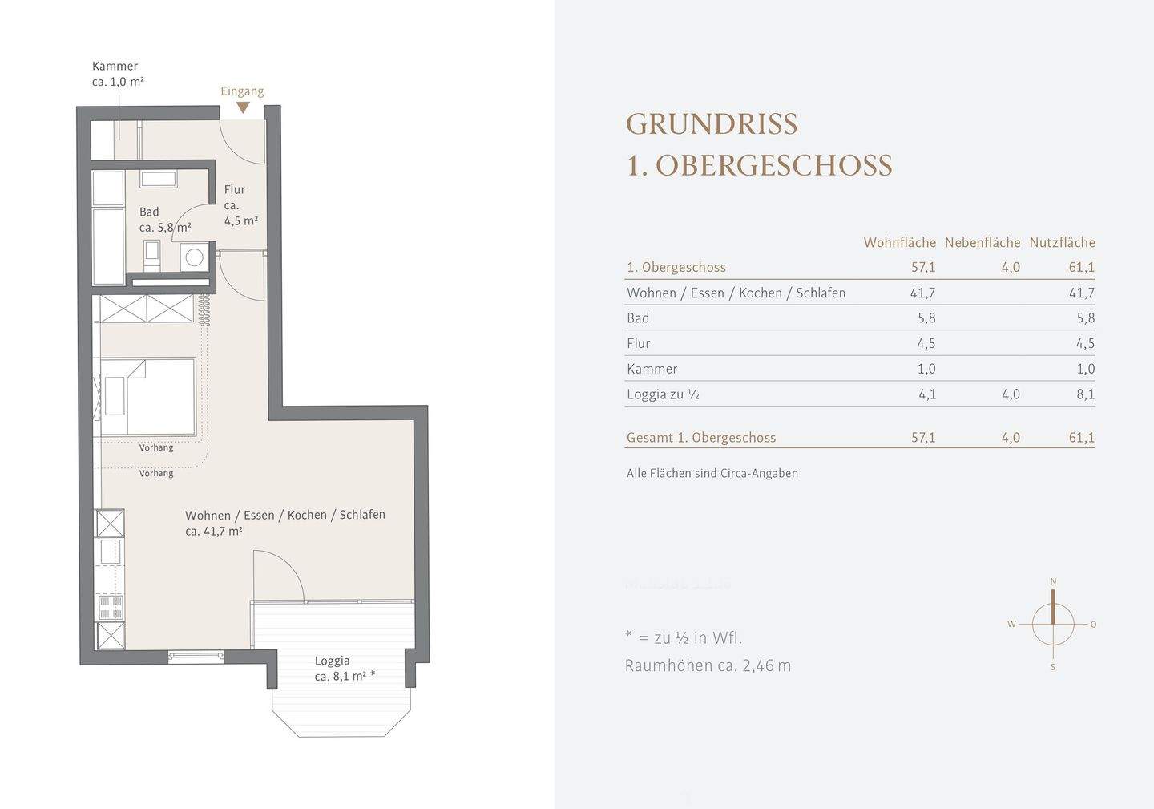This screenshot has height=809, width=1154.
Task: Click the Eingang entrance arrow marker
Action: coord(243,107)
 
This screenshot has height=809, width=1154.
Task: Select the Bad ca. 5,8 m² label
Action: coord(164,220)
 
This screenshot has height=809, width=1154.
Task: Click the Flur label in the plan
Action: coord(235,190)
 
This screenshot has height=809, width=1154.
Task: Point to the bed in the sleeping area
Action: coord(147,397)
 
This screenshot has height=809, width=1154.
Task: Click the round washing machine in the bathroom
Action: coord(194,258)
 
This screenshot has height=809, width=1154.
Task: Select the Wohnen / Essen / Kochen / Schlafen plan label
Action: coord(284,515)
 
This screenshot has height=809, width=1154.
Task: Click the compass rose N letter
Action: coord(1053,581)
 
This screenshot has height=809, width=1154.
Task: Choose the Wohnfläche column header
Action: coord(899,242)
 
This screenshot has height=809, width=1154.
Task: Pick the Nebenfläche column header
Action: coord(982,242)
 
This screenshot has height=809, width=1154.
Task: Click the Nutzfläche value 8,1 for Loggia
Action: coord(1085,394)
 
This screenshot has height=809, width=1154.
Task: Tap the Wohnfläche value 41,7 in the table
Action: coord(922,293)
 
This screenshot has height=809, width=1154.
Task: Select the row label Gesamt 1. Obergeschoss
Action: coord(700,438)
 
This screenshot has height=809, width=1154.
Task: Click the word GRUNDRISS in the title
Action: coord(711,124)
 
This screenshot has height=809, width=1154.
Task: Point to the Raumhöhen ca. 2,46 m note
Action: coord(708,665)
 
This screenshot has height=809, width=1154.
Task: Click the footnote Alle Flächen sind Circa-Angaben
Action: coord(712,473)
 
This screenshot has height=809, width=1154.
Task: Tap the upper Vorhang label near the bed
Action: coord(156,447)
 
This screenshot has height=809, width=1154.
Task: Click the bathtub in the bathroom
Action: coord(107,245)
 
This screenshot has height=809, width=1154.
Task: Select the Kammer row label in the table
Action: coord(652,369)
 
